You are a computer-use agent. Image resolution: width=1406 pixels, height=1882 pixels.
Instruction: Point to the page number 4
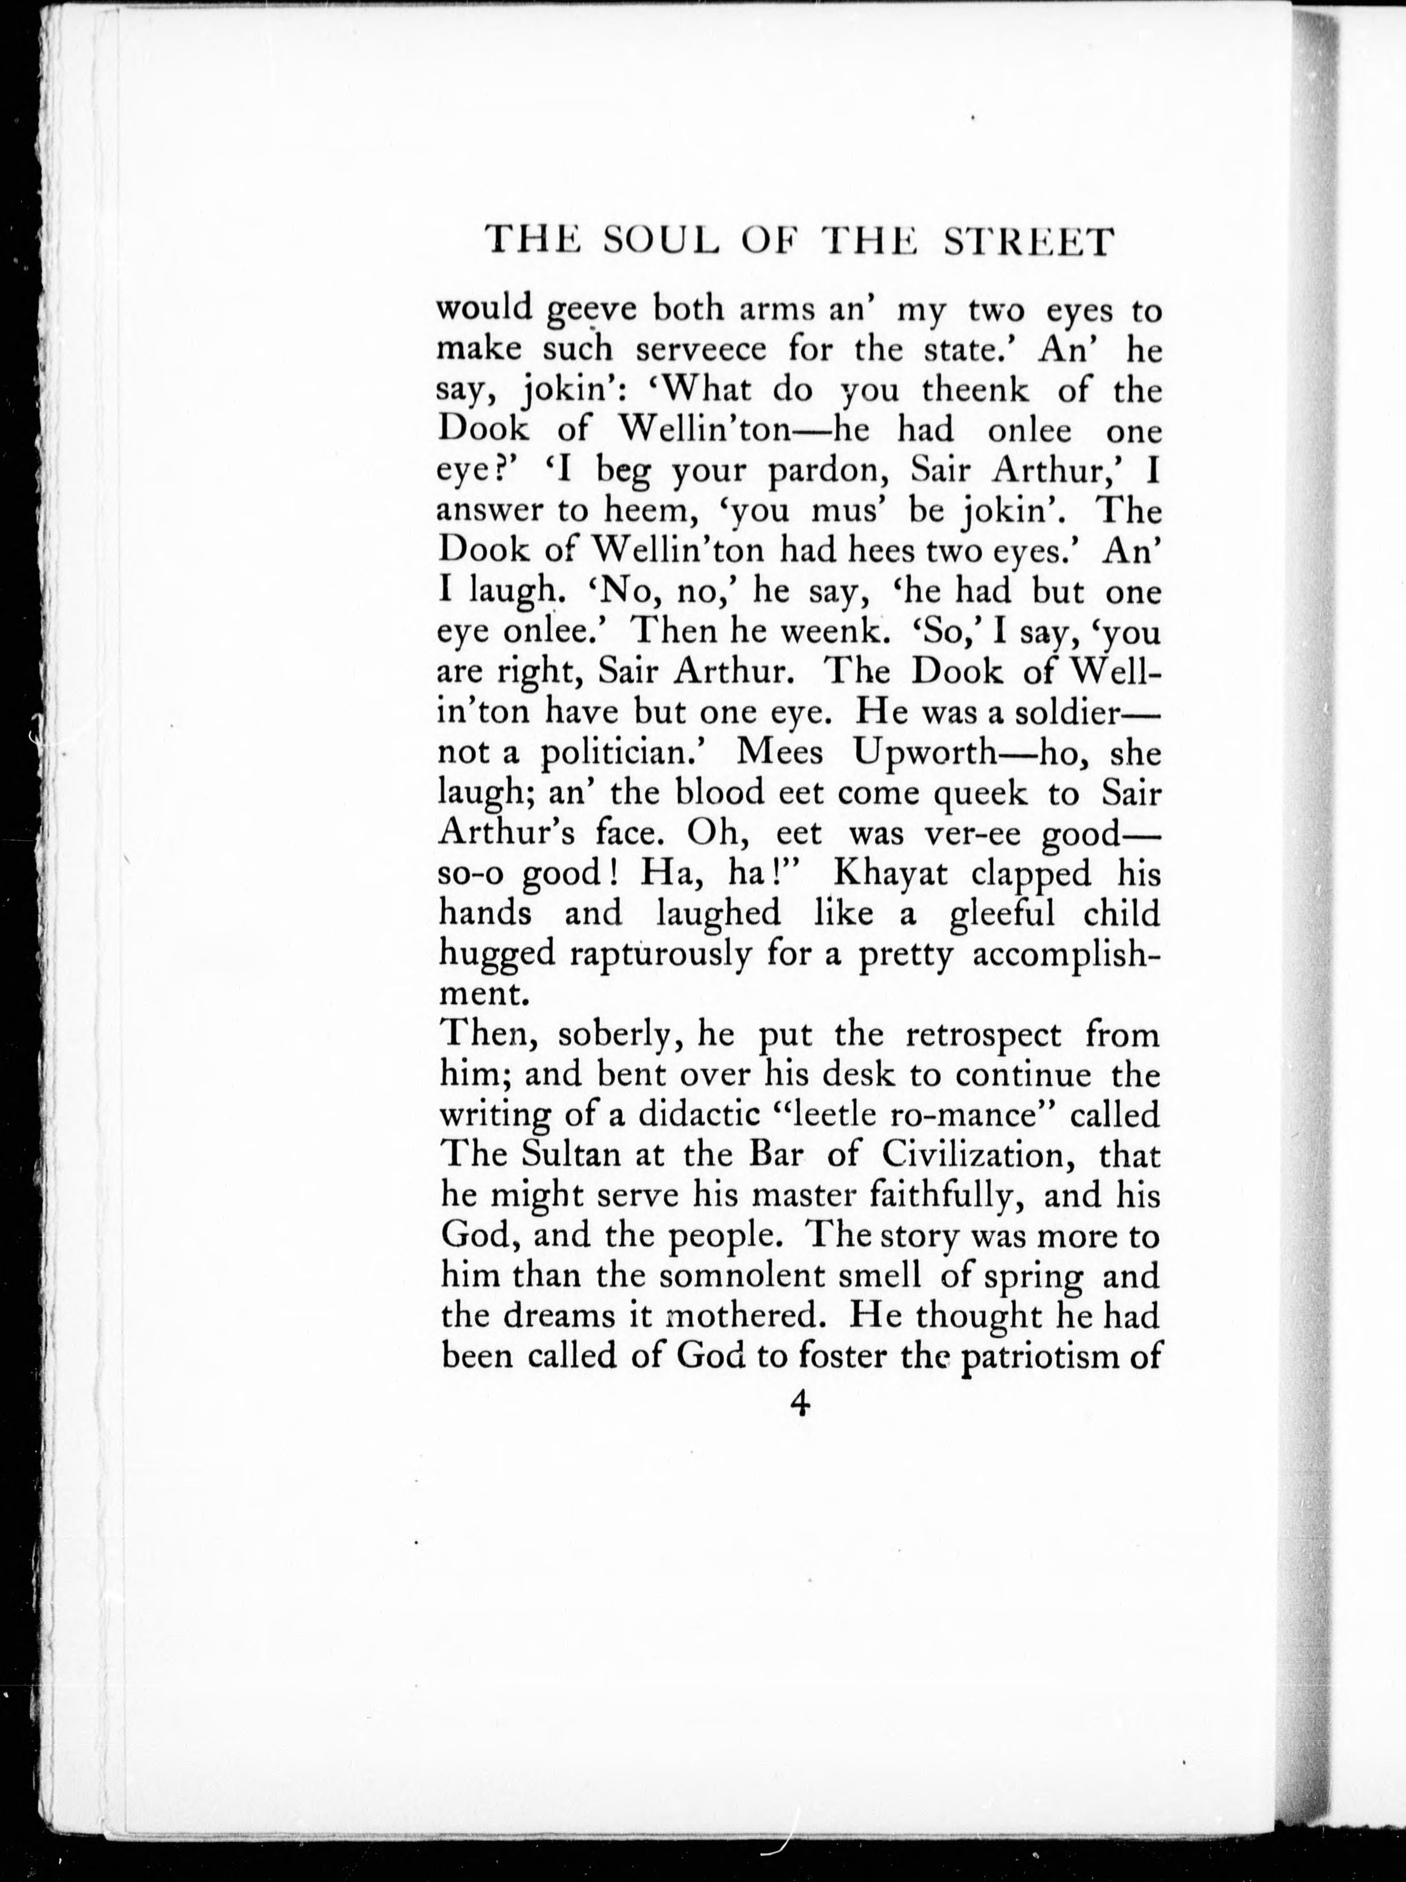798,1404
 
